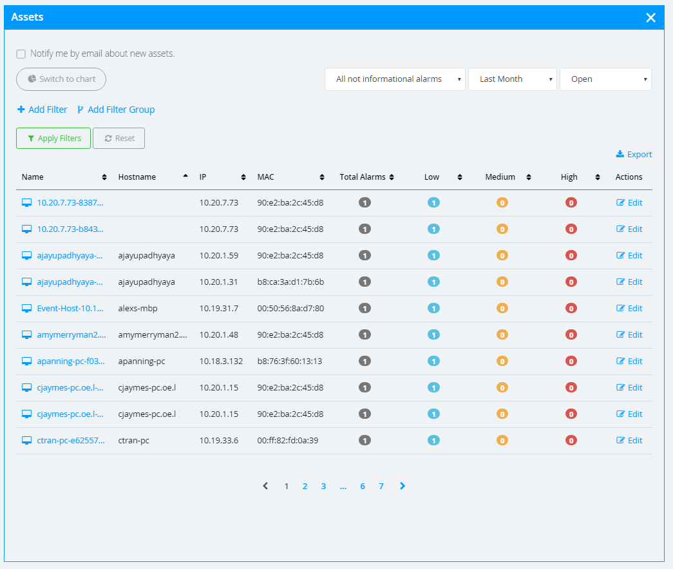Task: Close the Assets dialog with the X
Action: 650,17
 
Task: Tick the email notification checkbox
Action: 21,54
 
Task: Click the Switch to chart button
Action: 61,79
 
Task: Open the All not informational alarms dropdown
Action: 395,79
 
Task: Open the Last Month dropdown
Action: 512,79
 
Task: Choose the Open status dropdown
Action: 605,79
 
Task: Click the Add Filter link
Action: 43,110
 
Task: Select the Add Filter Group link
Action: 116,110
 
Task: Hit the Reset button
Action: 119,139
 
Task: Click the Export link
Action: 634,155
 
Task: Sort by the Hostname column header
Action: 137,177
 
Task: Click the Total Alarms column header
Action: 363,177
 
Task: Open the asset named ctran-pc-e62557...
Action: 70,441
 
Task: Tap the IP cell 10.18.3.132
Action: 221,362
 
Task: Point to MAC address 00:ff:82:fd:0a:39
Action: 289,441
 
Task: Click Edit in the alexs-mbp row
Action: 630,309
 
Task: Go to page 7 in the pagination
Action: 381,487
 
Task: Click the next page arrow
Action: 403,487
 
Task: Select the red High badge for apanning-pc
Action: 571,362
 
